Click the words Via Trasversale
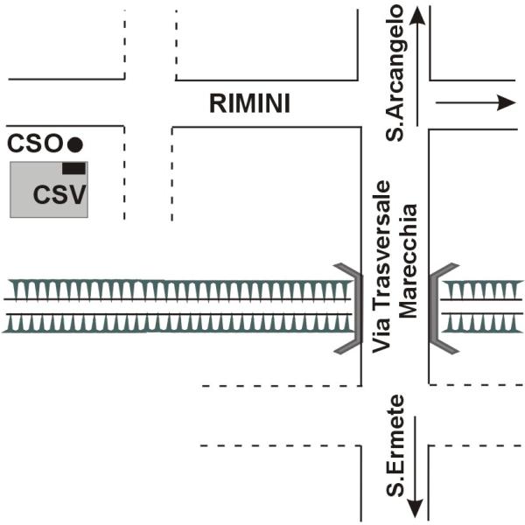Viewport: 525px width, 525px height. click(x=381, y=268)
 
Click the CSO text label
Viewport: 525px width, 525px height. click(x=35, y=143)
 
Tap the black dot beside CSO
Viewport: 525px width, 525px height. click(x=75, y=143)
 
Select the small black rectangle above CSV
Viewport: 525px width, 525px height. click(x=73, y=168)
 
